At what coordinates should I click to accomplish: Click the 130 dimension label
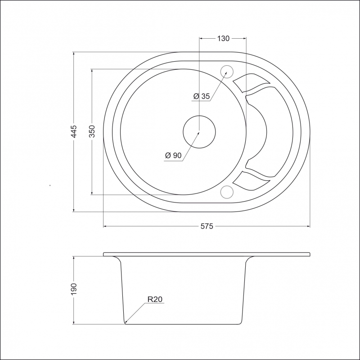[223, 38]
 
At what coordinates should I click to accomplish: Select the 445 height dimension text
[74, 131]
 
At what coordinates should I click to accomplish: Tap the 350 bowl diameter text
[92, 131]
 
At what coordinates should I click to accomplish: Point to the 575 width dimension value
[207, 226]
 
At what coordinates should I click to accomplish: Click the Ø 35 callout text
[202, 96]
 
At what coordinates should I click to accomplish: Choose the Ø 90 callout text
[173, 155]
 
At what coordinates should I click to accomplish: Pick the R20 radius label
[155, 299]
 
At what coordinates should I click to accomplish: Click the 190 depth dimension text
[74, 289]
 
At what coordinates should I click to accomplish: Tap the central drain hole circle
[199, 132]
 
